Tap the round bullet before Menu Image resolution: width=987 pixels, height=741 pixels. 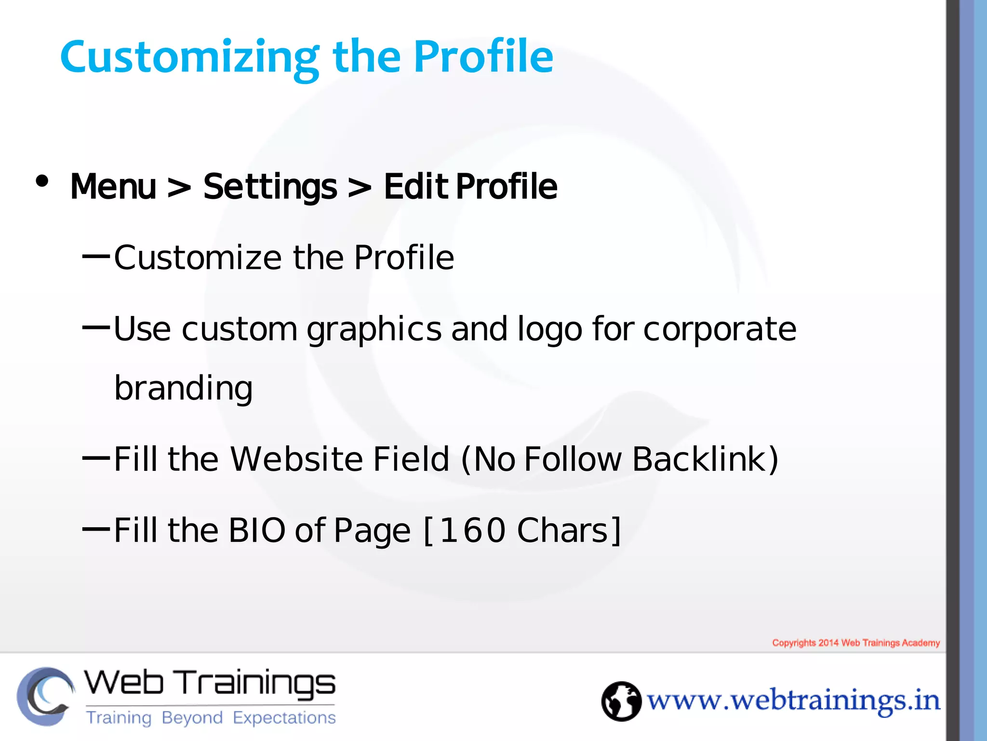click(x=42, y=181)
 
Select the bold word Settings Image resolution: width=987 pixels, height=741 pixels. click(x=270, y=187)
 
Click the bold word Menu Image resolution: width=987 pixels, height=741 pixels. click(x=113, y=187)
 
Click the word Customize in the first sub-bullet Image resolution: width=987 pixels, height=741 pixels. click(x=198, y=258)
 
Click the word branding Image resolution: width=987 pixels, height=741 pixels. click(x=183, y=389)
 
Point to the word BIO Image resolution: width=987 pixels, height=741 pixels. click(x=257, y=530)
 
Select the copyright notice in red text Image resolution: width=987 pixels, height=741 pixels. click(x=856, y=643)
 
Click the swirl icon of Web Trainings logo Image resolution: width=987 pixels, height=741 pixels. click(x=45, y=696)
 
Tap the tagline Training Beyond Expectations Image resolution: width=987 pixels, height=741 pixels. click(x=211, y=718)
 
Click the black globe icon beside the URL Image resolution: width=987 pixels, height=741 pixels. click(x=621, y=701)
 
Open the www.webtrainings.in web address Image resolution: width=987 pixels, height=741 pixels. click(x=793, y=701)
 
